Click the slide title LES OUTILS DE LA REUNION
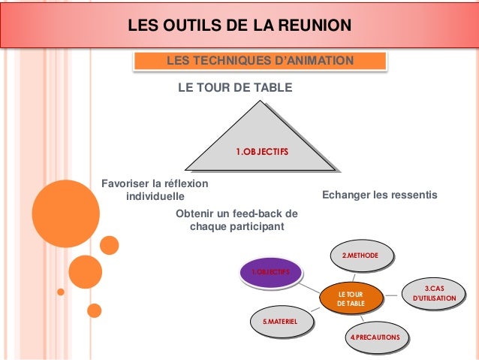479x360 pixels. click(x=239, y=27)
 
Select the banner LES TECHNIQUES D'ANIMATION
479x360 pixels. click(x=261, y=61)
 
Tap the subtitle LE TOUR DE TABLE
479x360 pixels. click(x=234, y=88)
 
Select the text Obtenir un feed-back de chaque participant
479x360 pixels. click(x=236, y=219)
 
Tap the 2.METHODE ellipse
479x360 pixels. click(x=363, y=257)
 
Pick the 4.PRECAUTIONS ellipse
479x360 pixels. click(x=378, y=336)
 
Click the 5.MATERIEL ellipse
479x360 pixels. click(x=280, y=322)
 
